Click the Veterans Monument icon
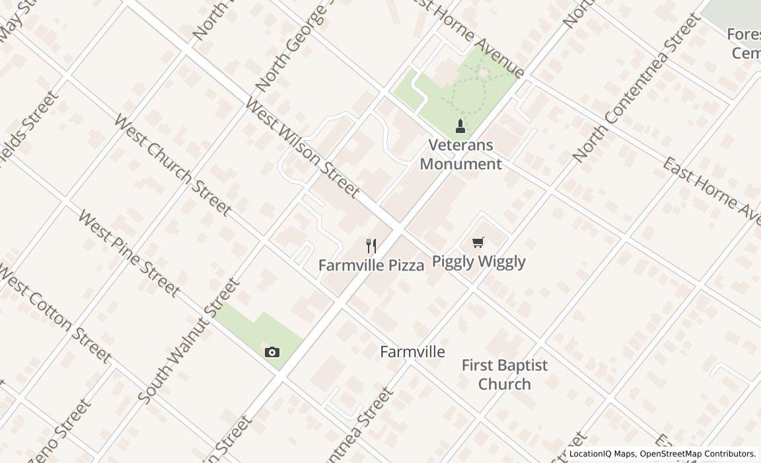(x=460, y=126)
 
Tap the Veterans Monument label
(x=461, y=155)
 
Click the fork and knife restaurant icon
(x=371, y=247)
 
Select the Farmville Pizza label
(x=371, y=265)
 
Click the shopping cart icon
(x=478, y=243)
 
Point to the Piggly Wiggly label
(x=479, y=261)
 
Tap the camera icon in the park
(x=272, y=352)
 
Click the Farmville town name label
(x=412, y=352)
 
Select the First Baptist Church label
(x=505, y=374)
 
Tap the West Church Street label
(x=172, y=165)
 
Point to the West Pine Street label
(x=128, y=253)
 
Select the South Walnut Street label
(x=189, y=341)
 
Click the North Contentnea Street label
(x=636, y=88)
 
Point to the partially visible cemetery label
(x=745, y=44)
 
